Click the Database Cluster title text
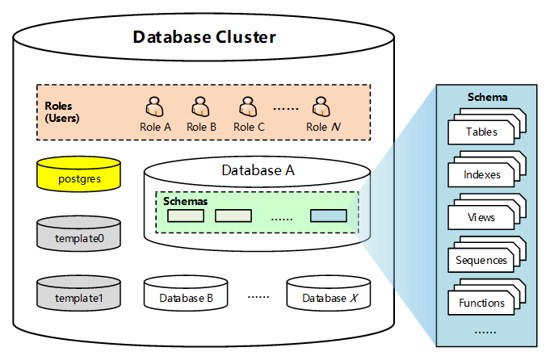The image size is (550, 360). point(204,37)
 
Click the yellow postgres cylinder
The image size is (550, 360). point(79,175)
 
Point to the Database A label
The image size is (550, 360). point(258,170)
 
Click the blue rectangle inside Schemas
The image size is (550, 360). point(328,216)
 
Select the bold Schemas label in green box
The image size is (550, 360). point(185,200)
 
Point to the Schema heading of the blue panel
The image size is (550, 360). point(487,98)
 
